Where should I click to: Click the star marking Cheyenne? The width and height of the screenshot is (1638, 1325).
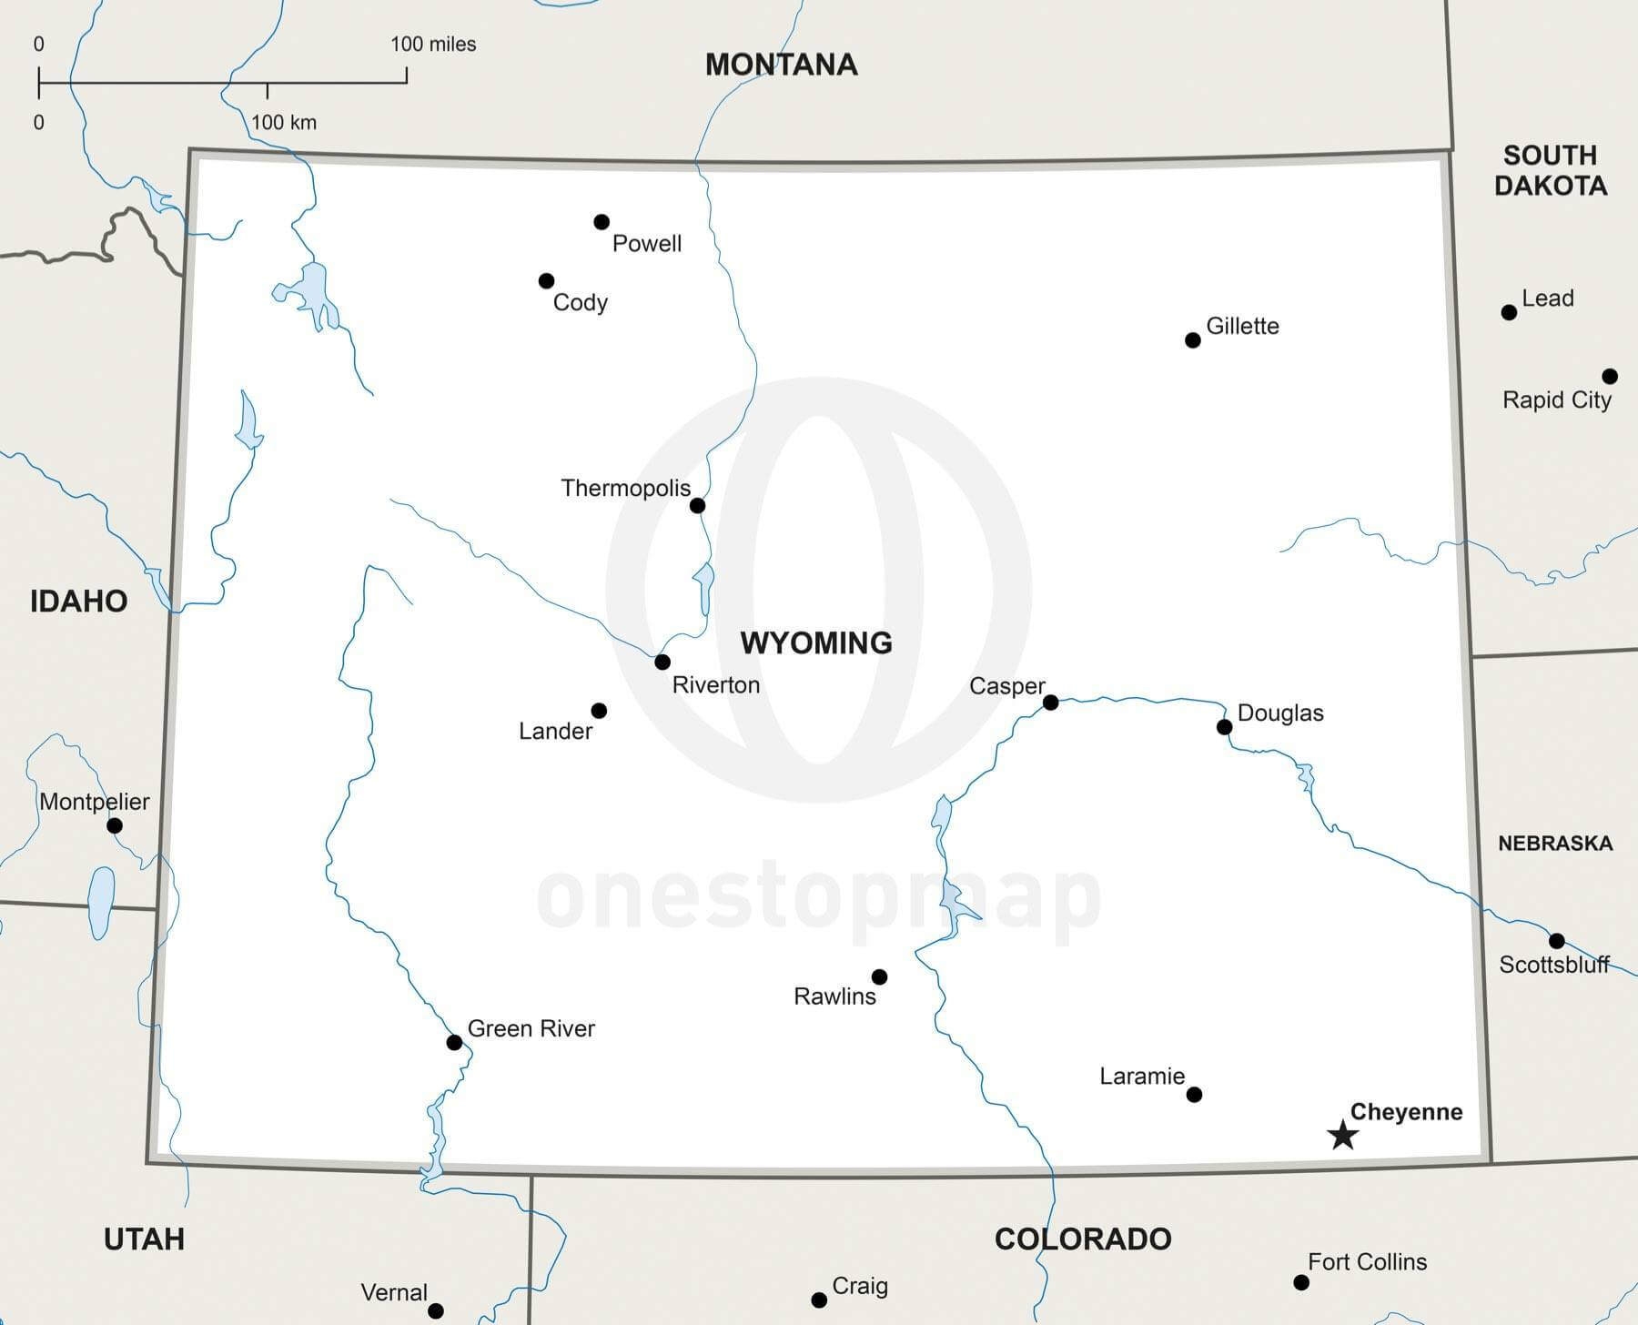point(1342,1135)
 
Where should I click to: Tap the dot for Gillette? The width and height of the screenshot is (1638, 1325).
point(1193,340)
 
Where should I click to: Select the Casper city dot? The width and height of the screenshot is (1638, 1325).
point(1050,703)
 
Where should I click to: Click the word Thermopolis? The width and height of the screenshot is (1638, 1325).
point(625,489)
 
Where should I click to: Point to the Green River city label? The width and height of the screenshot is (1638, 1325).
point(531,1028)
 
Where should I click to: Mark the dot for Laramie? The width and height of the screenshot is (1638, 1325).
point(1194,1094)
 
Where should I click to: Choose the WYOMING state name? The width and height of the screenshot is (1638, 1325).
point(816,643)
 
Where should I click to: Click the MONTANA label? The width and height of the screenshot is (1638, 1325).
point(781,65)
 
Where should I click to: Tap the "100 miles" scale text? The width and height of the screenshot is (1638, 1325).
point(433,44)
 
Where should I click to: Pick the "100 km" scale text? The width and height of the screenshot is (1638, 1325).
point(284,122)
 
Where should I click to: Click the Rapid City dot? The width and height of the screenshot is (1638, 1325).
point(1610,376)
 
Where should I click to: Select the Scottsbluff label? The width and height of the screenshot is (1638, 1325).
point(1554,965)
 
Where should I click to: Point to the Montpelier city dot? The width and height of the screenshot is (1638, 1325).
point(115,825)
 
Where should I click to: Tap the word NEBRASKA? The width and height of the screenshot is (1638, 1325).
point(1555,844)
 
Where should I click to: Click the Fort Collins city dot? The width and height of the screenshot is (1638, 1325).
point(1301,1282)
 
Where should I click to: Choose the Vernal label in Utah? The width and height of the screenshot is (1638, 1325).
point(394,1292)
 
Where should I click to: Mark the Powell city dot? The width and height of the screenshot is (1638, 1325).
point(602,222)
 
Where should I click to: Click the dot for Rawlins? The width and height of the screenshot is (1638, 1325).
point(879,976)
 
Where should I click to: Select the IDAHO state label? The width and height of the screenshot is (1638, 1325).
point(78,601)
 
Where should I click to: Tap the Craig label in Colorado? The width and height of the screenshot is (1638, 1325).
point(860,1286)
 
